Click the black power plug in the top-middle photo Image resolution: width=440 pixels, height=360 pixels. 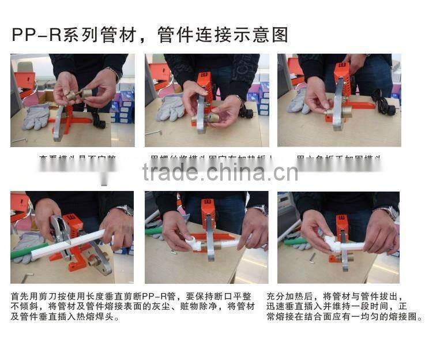pyautogui.click(x=247, y=111)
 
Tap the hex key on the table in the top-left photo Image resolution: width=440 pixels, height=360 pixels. pyautogui.click(x=19, y=140)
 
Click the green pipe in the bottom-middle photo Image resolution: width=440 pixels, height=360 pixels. pyautogui.click(x=153, y=231)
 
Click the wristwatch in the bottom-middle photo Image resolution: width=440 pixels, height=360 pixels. pyautogui.click(x=260, y=210)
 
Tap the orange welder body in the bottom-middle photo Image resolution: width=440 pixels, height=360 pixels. pyautogui.click(x=208, y=214)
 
